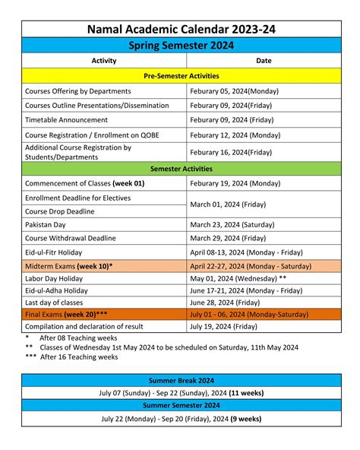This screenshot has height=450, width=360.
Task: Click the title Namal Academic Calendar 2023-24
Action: click(x=181, y=29)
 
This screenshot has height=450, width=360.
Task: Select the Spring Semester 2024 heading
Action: click(x=181, y=46)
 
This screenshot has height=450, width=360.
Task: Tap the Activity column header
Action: click(x=103, y=61)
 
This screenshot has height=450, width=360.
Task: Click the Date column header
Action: click(x=264, y=61)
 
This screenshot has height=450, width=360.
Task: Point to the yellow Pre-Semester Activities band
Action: click(x=181, y=76)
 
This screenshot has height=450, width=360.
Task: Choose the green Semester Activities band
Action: click(x=181, y=169)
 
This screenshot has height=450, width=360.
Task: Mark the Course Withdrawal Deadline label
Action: click(x=71, y=239)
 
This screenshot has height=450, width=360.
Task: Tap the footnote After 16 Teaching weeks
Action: click(x=78, y=357)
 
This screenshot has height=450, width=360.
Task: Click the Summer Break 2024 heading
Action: click(x=181, y=380)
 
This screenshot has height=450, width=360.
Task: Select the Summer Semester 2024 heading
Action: click(x=181, y=406)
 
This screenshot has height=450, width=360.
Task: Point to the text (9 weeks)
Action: click(x=245, y=419)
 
